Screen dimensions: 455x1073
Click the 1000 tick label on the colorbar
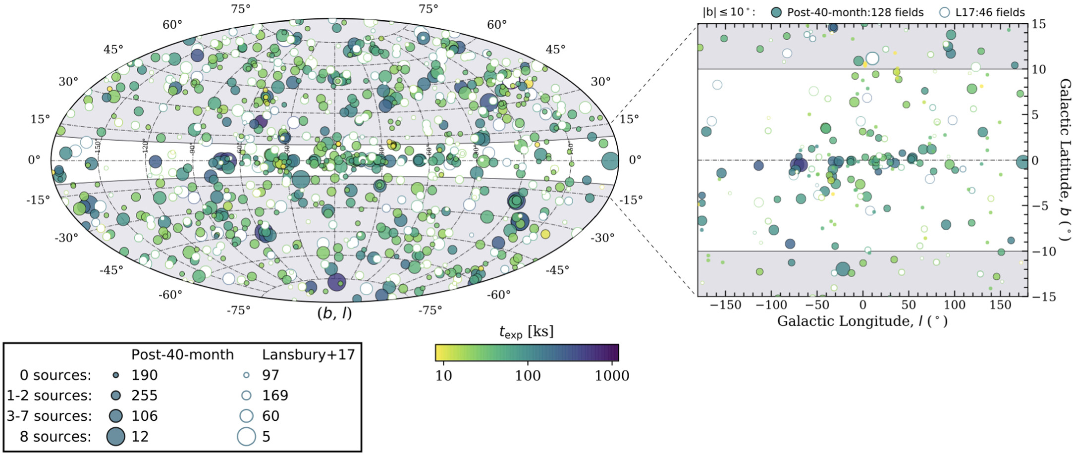click(612, 376)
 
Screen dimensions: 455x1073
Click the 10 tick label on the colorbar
click(443, 376)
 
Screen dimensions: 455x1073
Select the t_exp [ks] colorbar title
click(526, 332)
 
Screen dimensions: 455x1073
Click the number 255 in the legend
click(144, 396)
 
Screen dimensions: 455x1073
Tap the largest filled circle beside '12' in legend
click(116, 437)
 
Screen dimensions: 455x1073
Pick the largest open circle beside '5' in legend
click(246, 437)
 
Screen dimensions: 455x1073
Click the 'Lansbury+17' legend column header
click(308, 355)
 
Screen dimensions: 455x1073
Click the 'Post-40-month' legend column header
click(182, 355)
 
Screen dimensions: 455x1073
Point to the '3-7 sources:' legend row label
click(49, 416)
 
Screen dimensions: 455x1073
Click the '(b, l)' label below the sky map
click(334, 313)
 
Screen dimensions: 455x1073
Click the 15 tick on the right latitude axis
click(1039, 24)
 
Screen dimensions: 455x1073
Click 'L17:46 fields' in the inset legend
click(990, 12)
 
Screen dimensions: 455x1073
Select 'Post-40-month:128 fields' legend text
click(855, 12)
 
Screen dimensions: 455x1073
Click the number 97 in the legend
click(270, 375)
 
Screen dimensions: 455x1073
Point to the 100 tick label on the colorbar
click(528, 376)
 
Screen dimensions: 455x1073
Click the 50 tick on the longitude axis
click(909, 305)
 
